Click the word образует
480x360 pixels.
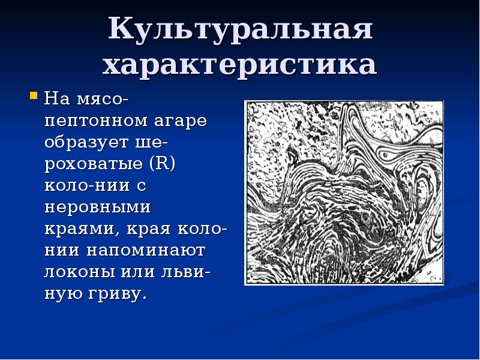(87, 142)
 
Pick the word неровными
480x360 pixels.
(96, 208)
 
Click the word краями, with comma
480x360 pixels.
(78, 229)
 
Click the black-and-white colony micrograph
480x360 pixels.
(344, 192)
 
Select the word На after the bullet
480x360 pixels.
(59, 98)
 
